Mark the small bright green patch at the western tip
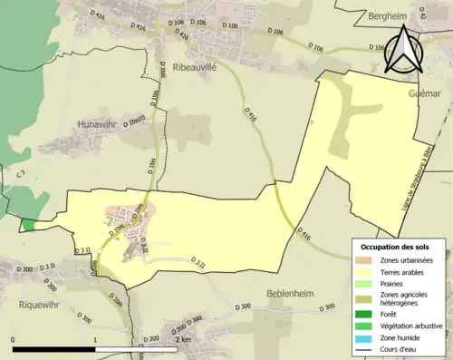[x=28, y=225]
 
